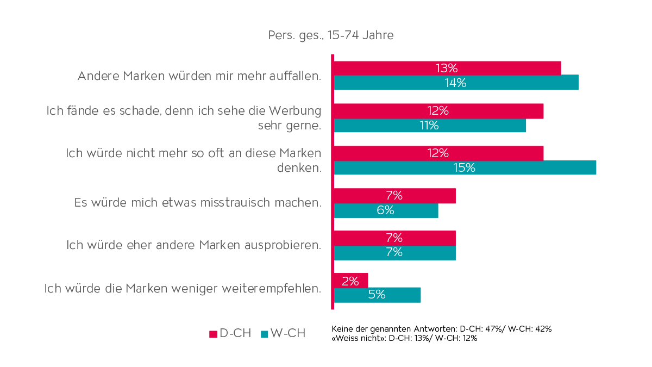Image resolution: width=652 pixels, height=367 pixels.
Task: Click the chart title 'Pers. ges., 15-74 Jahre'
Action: tap(330, 35)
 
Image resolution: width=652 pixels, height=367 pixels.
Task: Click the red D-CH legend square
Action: tap(213, 334)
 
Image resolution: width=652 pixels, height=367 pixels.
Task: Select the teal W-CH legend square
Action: tap(265, 334)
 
